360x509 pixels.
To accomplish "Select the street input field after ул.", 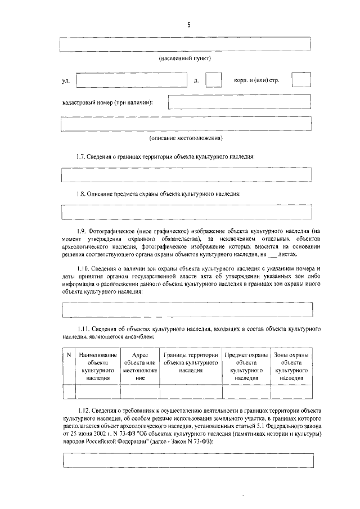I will [x=131, y=80].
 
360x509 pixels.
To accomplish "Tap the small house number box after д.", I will [x=213, y=80].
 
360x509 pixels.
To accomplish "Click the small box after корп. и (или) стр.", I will [x=301, y=80].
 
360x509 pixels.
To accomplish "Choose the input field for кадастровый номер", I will [x=240, y=102].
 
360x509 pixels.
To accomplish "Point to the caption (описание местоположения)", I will [x=186, y=138].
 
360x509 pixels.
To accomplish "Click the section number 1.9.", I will [x=83, y=231].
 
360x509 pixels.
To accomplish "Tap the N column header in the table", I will [x=69, y=355].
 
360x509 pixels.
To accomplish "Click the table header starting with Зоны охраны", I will [x=291, y=367].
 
